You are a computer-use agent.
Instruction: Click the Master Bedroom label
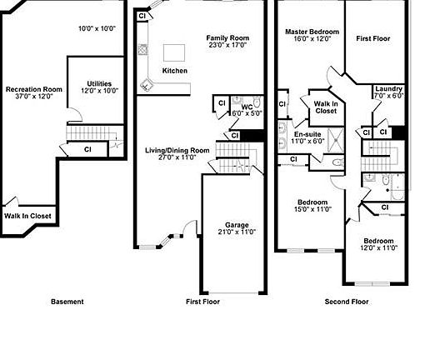pyautogui.click(x=312, y=32)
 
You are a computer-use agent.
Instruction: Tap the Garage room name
pyautogui.click(x=237, y=225)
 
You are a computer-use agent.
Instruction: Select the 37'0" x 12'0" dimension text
pyautogui.click(x=34, y=97)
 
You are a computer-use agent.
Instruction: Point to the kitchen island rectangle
pyautogui.click(x=174, y=52)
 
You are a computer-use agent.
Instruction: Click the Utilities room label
pyautogui.click(x=99, y=83)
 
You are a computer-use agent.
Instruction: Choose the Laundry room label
pyautogui.click(x=388, y=89)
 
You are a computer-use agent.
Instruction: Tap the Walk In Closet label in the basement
pyautogui.click(x=27, y=216)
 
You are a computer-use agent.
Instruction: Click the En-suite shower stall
pyautogui.click(x=336, y=140)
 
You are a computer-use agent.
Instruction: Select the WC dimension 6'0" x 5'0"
pyautogui.click(x=247, y=113)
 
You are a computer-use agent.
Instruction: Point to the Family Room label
pyautogui.click(x=227, y=37)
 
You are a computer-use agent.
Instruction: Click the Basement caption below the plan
pyautogui.click(x=67, y=302)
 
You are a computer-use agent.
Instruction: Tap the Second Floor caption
pyautogui.click(x=347, y=302)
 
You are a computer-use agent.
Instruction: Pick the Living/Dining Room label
pyautogui.click(x=177, y=151)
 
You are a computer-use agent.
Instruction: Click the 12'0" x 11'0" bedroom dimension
pyautogui.click(x=378, y=247)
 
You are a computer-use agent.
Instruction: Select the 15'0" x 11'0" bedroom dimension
pyautogui.click(x=312, y=209)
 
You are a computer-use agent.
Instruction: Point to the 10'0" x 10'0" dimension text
pyautogui.click(x=97, y=28)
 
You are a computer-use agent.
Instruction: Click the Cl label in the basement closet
pyautogui.click(x=87, y=150)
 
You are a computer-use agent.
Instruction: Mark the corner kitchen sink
pyautogui.click(x=146, y=84)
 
